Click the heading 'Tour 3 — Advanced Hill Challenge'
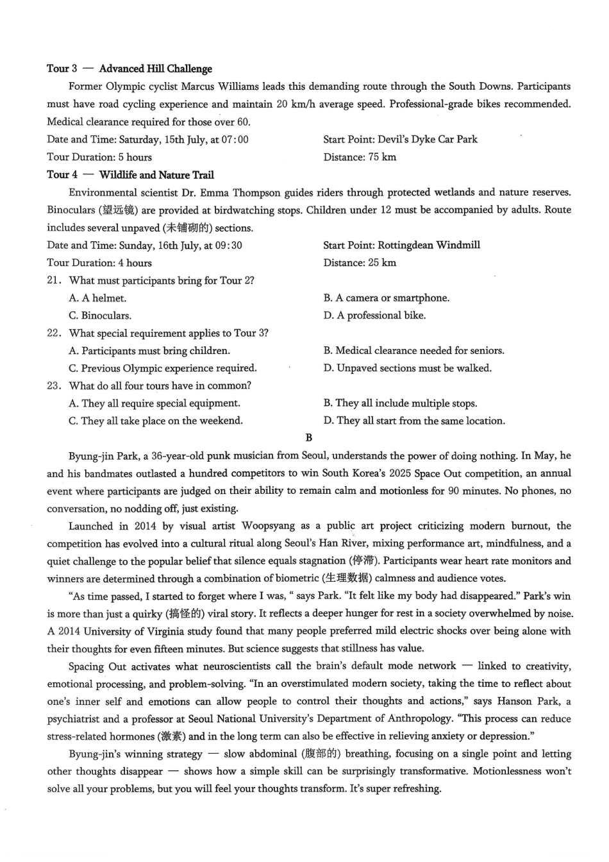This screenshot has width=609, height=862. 129,69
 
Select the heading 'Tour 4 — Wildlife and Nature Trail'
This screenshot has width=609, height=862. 130,174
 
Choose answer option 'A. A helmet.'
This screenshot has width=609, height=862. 97,298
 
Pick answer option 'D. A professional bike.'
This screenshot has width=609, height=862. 374,316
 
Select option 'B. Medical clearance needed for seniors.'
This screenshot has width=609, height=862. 413,351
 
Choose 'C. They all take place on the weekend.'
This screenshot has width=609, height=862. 156,421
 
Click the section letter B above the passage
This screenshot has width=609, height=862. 309,438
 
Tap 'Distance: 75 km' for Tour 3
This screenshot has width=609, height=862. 360,157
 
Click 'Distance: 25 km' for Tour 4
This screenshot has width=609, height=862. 360,263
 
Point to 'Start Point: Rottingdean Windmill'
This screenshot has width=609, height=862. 401,245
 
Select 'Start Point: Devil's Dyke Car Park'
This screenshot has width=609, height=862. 400,139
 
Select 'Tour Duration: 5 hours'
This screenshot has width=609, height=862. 99,157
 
